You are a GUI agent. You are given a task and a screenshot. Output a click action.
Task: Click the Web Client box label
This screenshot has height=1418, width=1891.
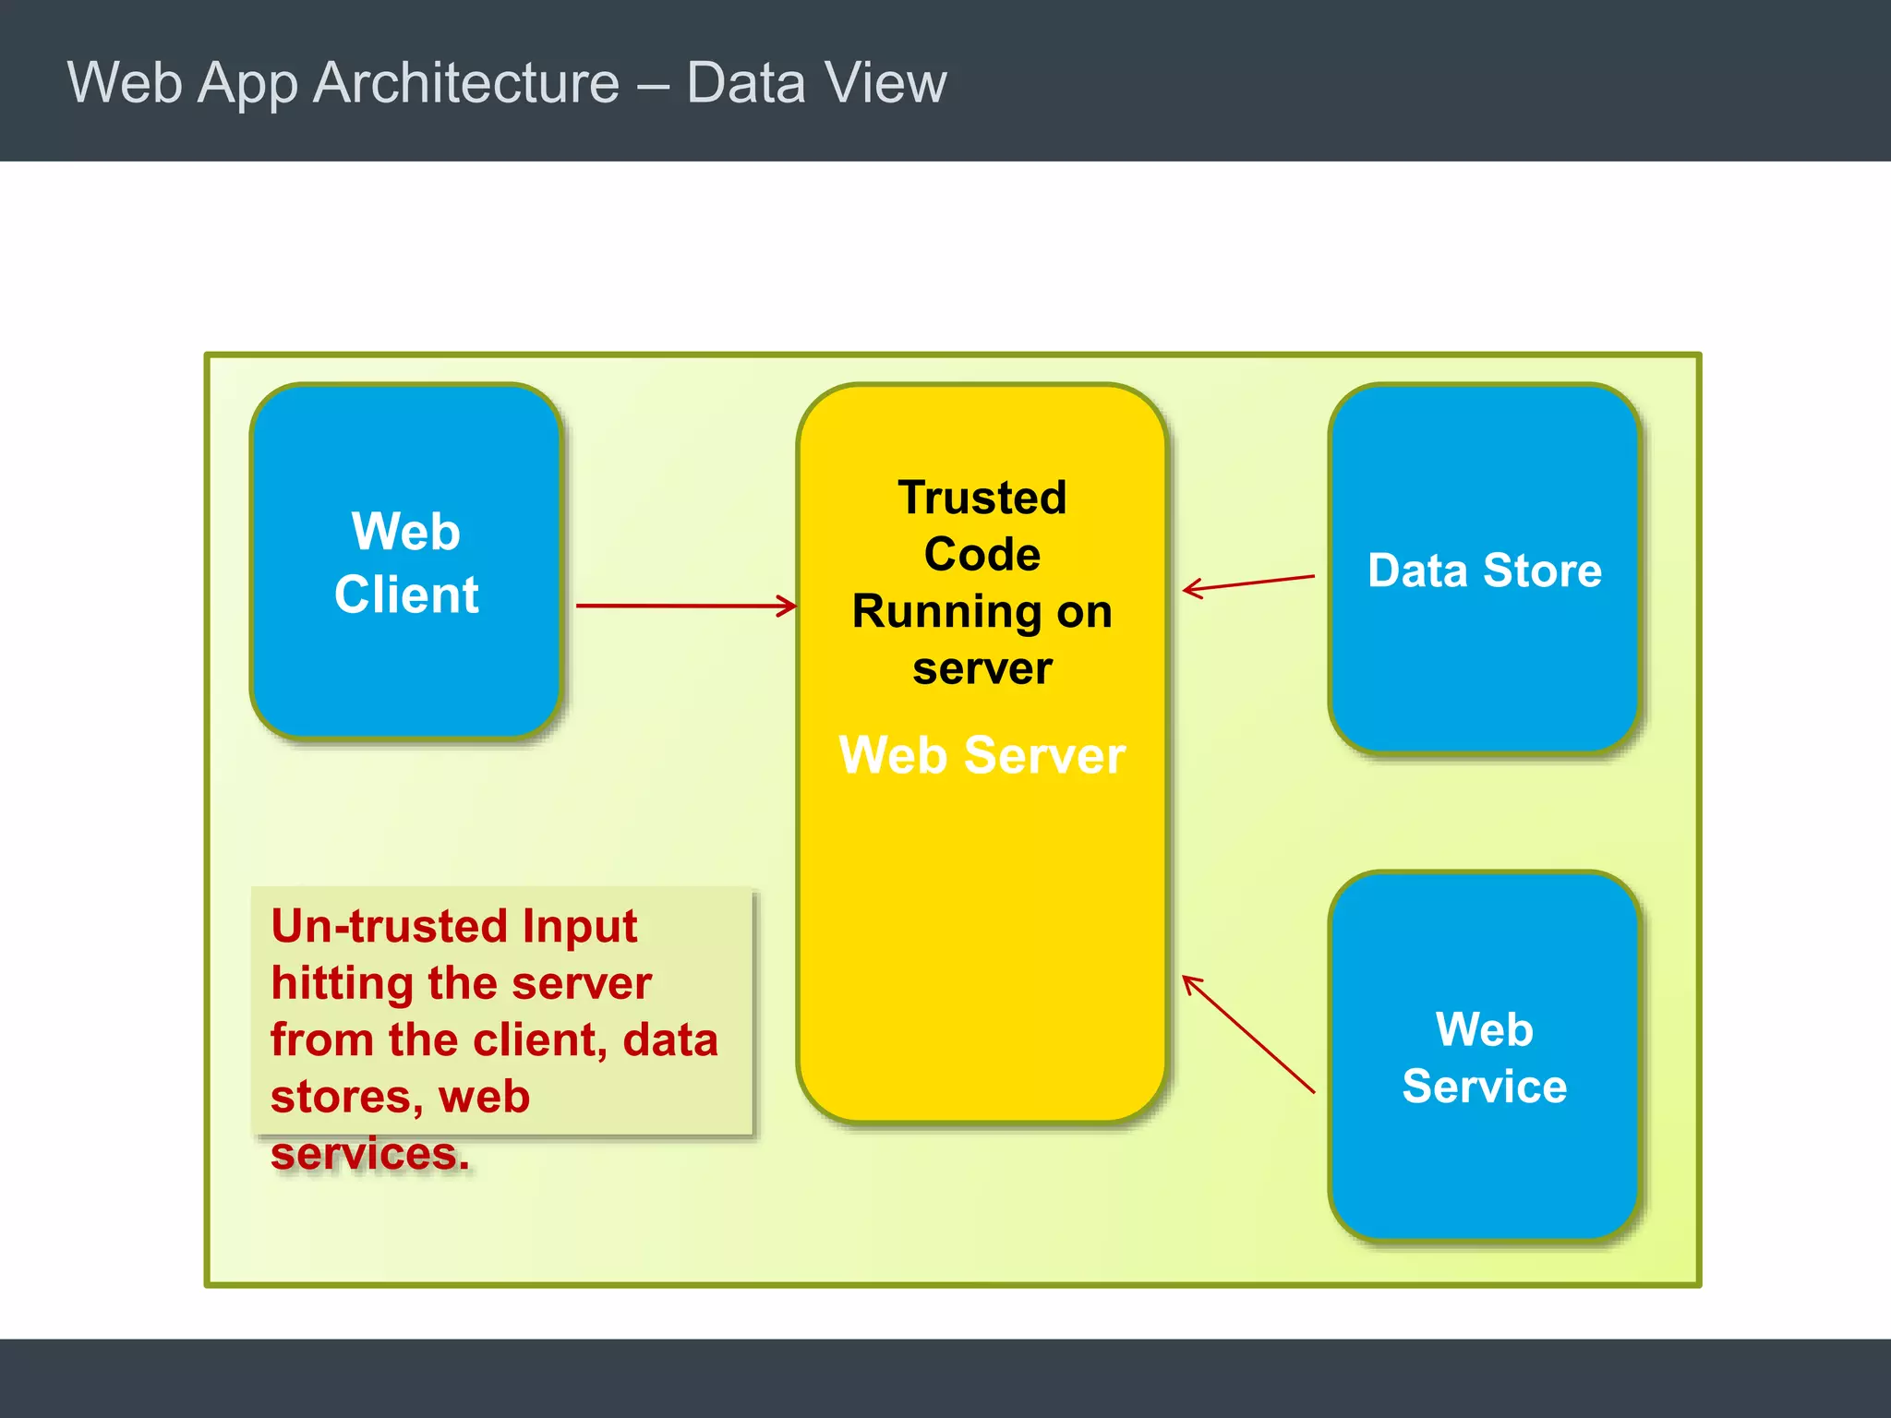click(x=406, y=562)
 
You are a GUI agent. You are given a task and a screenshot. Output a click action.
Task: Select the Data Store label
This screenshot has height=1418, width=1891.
click(x=1484, y=571)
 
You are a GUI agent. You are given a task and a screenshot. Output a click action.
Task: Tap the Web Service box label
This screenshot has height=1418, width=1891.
click(x=1484, y=1057)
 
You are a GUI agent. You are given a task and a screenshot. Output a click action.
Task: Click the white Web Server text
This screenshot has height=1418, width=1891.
click(x=982, y=755)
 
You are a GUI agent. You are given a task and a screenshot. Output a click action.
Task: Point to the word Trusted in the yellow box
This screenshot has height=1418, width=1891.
click(x=982, y=498)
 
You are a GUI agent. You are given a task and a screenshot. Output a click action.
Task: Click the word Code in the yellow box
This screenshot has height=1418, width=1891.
click(x=982, y=554)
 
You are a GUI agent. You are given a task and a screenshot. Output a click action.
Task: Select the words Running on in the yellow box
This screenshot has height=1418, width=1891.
click(x=982, y=611)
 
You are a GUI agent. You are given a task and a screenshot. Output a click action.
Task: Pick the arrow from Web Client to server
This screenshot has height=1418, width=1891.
click(x=683, y=606)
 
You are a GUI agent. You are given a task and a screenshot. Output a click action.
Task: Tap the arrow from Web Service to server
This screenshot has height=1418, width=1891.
click(x=1248, y=1034)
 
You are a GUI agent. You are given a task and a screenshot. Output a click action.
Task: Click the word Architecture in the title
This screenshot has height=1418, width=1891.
click(x=466, y=83)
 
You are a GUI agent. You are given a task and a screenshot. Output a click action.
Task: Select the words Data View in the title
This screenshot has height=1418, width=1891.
click(x=816, y=83)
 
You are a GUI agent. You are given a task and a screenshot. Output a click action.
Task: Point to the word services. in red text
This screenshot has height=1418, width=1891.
click(x=369, y=1154)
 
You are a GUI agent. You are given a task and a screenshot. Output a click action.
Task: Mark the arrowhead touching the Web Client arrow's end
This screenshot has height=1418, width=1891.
click(x=788, y=606)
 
